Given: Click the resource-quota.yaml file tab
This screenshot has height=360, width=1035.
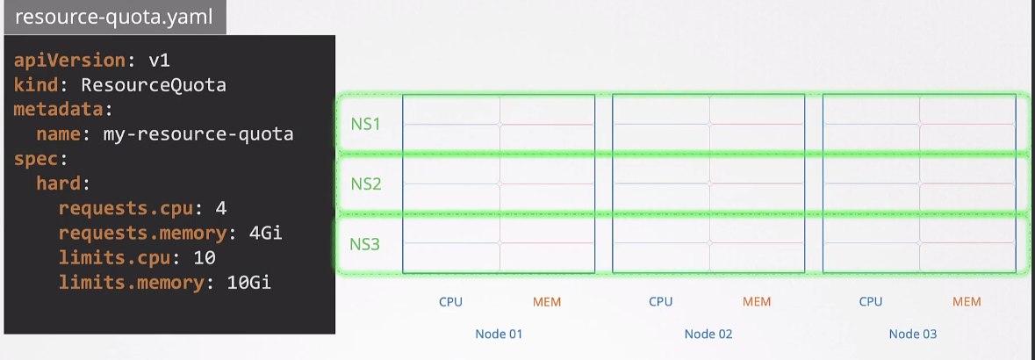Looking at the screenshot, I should point(114,18).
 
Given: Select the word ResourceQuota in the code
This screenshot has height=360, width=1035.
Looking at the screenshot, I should point(154,85).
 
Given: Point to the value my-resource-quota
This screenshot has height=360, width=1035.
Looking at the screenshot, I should point(198,134).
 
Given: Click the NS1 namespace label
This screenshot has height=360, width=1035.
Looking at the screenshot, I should point(365,124).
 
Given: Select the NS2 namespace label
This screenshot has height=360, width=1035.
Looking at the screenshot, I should point(365,184).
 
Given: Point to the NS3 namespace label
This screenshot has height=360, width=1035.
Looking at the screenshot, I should point(365,244).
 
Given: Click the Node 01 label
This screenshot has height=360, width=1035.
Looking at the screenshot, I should point(499,334).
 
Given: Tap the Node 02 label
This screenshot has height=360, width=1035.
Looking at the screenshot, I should point(708,334).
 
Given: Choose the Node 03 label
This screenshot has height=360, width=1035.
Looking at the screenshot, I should point(913,334).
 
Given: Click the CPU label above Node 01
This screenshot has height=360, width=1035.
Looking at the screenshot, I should point(450,302).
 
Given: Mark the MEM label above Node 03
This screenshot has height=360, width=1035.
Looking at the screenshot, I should point(967,302).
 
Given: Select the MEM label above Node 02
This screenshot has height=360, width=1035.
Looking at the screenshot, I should point(757,302).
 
